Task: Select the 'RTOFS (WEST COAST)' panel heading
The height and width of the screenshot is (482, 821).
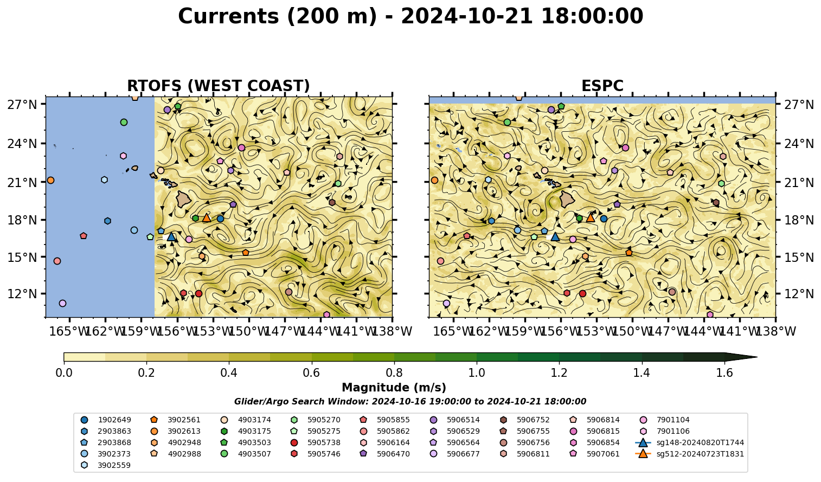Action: (x=219, y=86)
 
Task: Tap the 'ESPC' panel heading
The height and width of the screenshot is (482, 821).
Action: (x=602, y=86)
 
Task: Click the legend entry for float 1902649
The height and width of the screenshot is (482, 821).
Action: (x=106, y=420)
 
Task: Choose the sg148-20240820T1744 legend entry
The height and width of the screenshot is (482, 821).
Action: (x=689, y=443)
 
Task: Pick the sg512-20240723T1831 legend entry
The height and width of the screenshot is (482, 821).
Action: (x=689, y=454)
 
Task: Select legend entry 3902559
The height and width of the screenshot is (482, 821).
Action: (x=106, y=466)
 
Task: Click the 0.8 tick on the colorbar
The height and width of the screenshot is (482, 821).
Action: (x=394, y=373)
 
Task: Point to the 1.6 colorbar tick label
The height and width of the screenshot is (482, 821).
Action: (x=724, y=373)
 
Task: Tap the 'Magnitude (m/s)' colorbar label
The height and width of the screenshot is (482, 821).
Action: (x=394, y=388)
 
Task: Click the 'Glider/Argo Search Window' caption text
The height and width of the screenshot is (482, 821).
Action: (x=410, y=402)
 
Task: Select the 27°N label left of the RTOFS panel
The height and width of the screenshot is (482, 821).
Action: (x=22, y=105)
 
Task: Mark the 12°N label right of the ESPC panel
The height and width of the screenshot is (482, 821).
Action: (x=798, y=294)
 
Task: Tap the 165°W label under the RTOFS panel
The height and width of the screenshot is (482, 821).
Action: (x=69, y=332)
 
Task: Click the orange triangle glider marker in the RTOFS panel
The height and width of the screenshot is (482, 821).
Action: (x=207, y=218)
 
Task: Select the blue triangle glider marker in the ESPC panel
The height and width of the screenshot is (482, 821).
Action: (x=555, y=237)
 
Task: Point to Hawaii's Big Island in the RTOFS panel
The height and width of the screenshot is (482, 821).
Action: (x=184, y=200)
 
